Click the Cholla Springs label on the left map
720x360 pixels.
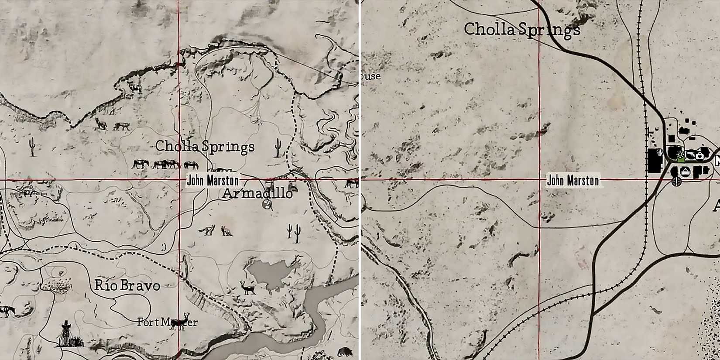205,147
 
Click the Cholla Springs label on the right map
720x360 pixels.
522,30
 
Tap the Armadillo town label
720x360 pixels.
257,193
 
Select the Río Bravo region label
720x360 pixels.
127,286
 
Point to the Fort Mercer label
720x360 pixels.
167,322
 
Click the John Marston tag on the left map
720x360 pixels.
213,180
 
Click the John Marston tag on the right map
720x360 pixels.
573,180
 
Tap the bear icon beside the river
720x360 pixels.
345,351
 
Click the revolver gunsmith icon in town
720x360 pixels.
690,155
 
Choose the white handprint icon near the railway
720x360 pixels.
659,153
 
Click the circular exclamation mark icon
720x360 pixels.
676,181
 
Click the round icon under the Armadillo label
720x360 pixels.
267,204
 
